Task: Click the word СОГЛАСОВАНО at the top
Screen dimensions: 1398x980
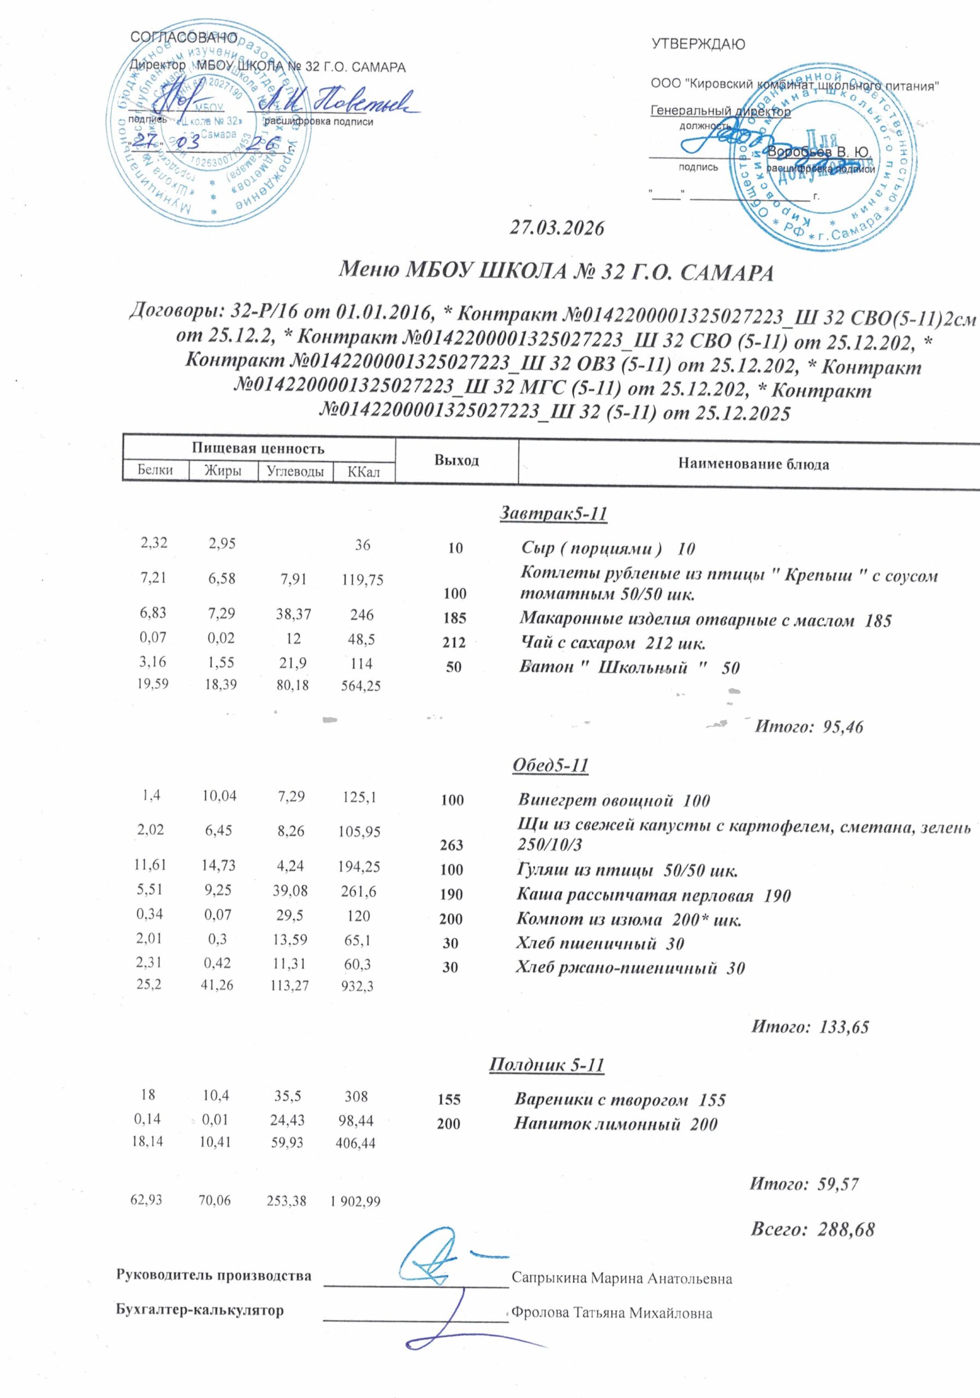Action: (x=184, y=37)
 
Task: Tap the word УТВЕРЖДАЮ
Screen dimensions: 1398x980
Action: (x=698, y=44)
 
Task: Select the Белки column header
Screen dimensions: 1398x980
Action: (x=155, y=470)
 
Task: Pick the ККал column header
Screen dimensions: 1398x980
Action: (x=364, y=471)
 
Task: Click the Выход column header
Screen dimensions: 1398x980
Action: (x=456, y=460)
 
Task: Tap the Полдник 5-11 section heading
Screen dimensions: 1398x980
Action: (x=547, y=1065)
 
